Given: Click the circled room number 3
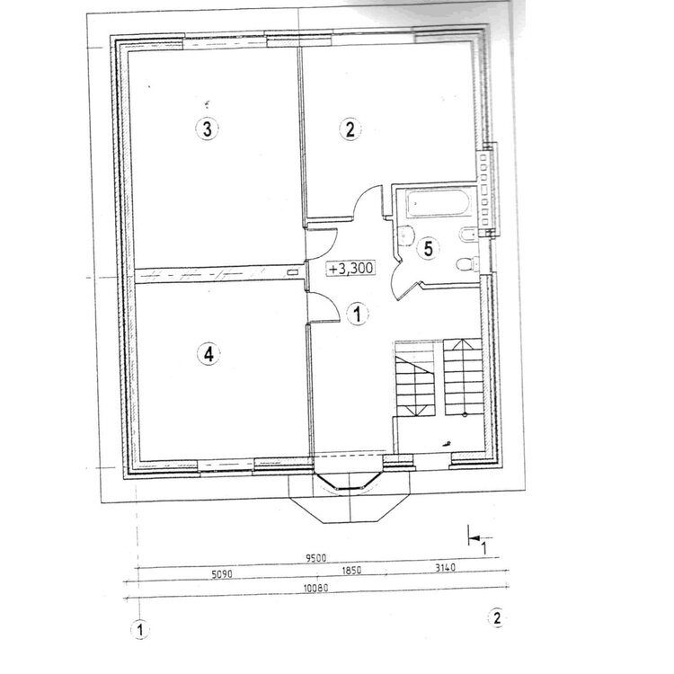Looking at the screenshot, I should click(208, 129).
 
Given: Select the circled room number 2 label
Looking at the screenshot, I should click(350, 129).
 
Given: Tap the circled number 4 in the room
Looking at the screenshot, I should click(208, 354).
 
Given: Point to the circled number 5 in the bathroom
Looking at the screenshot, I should click(429, 248).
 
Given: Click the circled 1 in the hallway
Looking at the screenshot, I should click(357, 314).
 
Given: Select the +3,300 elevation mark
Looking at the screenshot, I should click(350, 268).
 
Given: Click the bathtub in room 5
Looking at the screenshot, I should click(437, 203).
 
